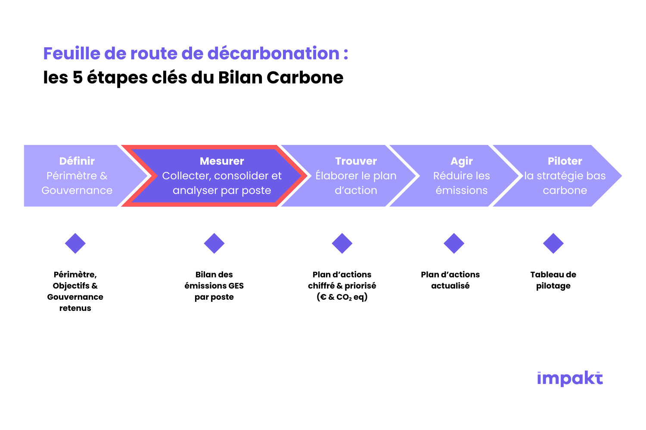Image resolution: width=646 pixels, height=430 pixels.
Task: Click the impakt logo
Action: click(x=570, y=378)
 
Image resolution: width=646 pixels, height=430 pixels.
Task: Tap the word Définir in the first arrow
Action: click(x=77, y=161)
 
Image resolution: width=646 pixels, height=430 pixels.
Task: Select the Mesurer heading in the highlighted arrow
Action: click(x=222, y=161)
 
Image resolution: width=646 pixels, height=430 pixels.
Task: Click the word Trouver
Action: click(x=356, y=161)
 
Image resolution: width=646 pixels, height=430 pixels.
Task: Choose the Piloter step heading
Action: click(x=565, y=161)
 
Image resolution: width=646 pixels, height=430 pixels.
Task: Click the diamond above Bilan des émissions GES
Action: click(x=214, y=243)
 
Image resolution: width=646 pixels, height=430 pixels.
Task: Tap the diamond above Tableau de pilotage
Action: click(x=553, y=243)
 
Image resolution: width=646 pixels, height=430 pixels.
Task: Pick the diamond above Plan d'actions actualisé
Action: click(x=453, y=243)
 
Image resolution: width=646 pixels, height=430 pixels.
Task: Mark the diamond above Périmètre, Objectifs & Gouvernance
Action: click(x=75, y=243)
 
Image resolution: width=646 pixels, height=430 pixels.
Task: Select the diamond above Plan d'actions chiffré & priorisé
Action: click(x=342, y=243)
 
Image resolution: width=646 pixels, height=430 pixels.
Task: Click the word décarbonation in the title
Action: click(x=273, y=53)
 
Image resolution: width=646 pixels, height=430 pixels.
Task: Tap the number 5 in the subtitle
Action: click(x=78, y=77)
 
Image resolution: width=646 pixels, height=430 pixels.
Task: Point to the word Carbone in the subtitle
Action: click(x=305, y=77)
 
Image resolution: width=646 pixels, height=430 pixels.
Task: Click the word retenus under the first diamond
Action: click(x=75, y=308)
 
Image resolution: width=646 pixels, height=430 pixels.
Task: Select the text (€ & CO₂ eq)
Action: click(x=342, y=297)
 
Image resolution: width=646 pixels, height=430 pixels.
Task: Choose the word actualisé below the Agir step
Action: click(x=450, y=286)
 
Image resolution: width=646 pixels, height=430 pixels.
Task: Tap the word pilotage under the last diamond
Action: click(x=553, y=286)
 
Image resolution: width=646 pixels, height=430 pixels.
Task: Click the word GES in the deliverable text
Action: click(x=236, y=286)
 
